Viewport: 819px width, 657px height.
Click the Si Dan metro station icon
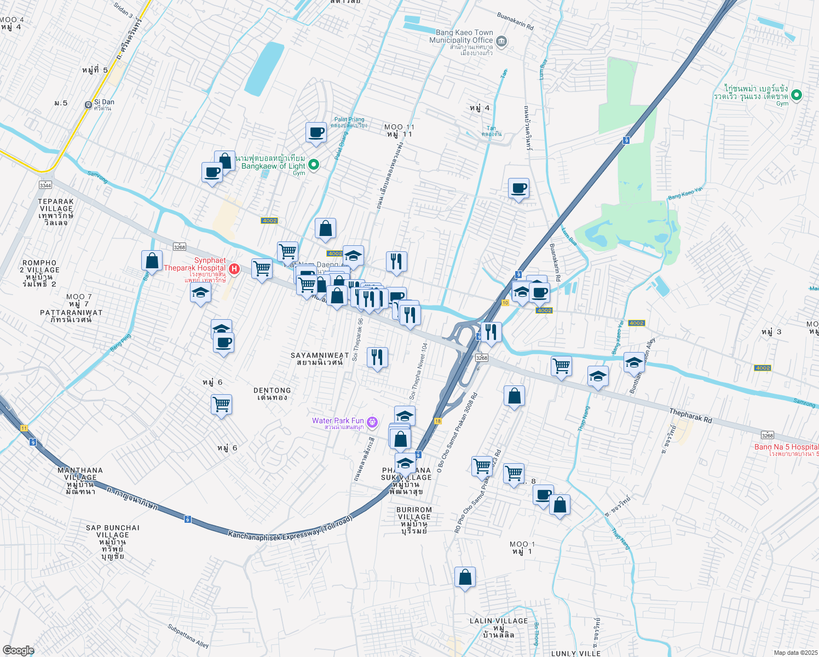pos(88,105)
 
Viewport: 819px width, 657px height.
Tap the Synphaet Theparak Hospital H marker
pos(234,269)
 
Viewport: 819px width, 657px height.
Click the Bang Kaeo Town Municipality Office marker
pos(501,42)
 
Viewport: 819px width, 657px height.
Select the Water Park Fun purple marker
pos(372,422)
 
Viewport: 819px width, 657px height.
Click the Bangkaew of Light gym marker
pos(314,164)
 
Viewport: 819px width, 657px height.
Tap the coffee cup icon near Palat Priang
pos(316,132)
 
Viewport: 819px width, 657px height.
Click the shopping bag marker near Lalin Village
pos(465,577)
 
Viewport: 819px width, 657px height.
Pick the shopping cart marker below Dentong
pos(221,405)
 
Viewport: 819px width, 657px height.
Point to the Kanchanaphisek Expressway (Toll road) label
pos(290,529)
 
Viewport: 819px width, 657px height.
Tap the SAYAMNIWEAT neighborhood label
pos(320,359)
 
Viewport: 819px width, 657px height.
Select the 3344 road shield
pos(45,186)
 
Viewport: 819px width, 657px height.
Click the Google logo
pos(18,650)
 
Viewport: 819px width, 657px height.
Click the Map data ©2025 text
pos(795,653)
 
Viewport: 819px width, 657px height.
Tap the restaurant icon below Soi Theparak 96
pos(377,358)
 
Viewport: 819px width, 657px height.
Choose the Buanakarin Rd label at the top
pos(515,22)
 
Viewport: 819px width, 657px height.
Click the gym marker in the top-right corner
pos(797,95)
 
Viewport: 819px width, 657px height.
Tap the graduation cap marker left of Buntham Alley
pos(598,376)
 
